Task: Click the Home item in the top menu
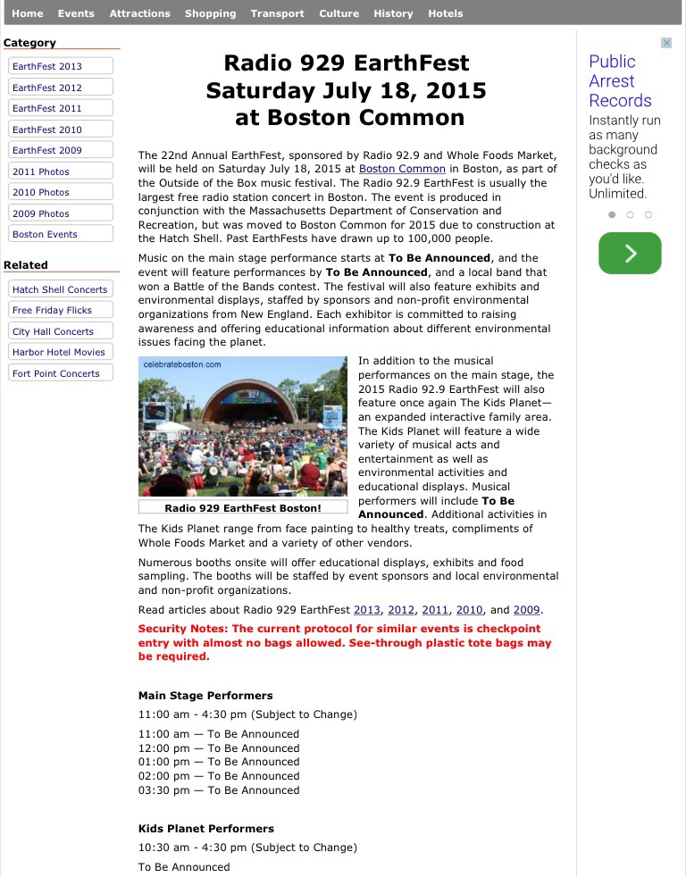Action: (x=27, y=13)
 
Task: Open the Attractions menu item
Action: (x=139, y=13)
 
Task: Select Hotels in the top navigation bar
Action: (x=445, y=13)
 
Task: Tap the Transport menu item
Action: (x=277, y=13)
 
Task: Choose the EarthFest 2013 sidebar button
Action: (x=61, y=66)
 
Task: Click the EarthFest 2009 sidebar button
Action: (x=61, y=150)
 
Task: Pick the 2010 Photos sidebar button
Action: (x=61, y=192)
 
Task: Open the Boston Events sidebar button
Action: (x=61, y=234)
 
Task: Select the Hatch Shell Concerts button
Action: (x=61, y=289)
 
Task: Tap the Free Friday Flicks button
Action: (x=61, y=310)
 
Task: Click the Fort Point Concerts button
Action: (x=61, y=373)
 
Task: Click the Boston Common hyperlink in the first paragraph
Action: (x=402, y=169)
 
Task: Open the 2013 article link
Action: (x=367, y=610)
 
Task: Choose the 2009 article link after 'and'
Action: (x=526, y=610)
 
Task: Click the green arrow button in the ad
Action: (x=630, y=253)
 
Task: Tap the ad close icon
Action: (x=665, y=43)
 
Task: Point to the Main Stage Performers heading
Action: (x=205, y=696)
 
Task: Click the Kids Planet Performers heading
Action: (x=205, y=829)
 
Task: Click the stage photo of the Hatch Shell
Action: (x=243, y=427)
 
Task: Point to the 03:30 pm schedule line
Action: (x=219, y=790)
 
